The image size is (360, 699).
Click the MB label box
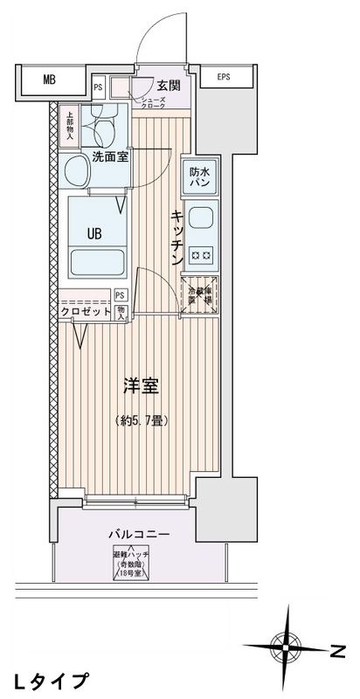point(49,80)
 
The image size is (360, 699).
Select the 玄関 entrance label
point(169,85)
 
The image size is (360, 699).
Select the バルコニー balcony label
point(140,534)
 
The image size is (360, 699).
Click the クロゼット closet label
point(85,312)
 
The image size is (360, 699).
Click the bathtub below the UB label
point(96,263)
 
